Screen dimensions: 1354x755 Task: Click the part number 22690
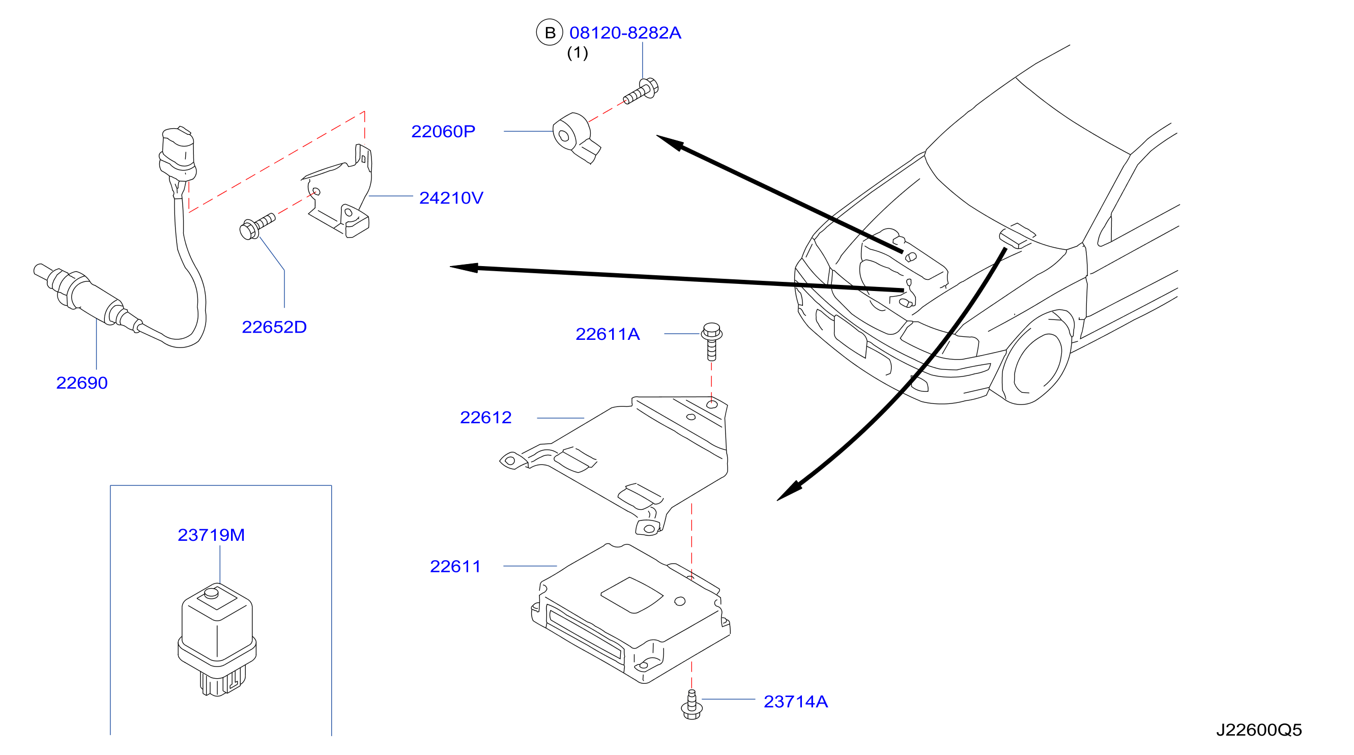(x=82, y=383)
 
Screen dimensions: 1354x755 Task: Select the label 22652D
(x=274, y=327)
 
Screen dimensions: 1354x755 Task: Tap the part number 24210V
(x=451, y=198)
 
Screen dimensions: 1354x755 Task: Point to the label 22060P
(x=443, y=131)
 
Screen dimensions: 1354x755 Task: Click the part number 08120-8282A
(x=625, y=33)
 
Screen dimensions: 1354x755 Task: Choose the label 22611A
(x=608, y=334)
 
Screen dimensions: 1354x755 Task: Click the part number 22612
(x=485, y=418)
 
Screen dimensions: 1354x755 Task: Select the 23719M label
(x=211, y=535)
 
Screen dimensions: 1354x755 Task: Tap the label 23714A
(x=796, y=702)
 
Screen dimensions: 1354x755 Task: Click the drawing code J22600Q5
(x=1259, y=730)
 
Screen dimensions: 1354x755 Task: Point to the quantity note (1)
(x=578, y=53)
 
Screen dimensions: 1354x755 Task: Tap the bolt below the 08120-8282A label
(x=641, y=92)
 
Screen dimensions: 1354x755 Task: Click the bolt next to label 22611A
(x=712, y=341)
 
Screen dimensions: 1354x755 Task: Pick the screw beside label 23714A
(x=692, y=705)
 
